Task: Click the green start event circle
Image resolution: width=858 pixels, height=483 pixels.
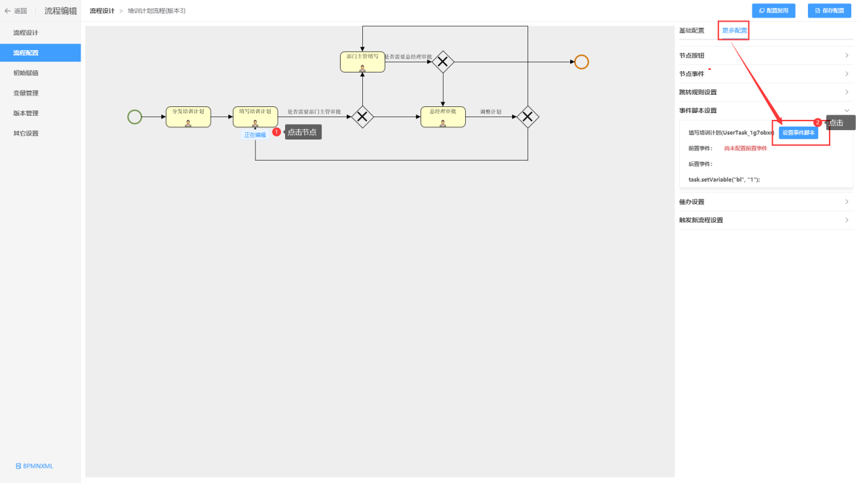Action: [x=135, y=117]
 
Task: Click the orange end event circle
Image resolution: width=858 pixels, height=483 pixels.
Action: [x=581, y=62]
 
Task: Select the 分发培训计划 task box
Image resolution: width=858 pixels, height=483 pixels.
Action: [x=188, y=117]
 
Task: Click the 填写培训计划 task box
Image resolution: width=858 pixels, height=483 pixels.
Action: [x=255, y=117]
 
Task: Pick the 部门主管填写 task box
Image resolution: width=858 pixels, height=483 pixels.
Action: [x=362, y=62]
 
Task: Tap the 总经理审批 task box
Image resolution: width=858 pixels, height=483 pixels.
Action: [x=443, y=117]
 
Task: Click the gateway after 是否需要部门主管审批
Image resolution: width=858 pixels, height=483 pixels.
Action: [x=362, y=117]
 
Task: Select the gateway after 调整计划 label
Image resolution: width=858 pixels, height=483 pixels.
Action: [x=528, y=117]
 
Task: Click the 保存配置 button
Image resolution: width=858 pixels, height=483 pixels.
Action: [x=829, y=11]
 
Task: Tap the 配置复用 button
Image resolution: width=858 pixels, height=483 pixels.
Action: [x=773, y=11]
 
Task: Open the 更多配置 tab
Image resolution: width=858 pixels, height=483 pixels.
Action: [x=734, y=30]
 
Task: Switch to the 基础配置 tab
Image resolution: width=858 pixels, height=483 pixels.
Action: [x=691, y=30]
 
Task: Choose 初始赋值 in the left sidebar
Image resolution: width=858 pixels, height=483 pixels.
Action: [x=26, y=72]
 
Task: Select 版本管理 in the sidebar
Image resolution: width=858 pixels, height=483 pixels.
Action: [x=26, y=113]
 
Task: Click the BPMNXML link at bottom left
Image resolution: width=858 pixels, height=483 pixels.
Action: [x=35, y=466]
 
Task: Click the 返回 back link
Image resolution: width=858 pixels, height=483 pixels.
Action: [x=16, y=11]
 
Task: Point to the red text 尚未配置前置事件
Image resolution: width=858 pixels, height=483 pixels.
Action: [x=746, y=148]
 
